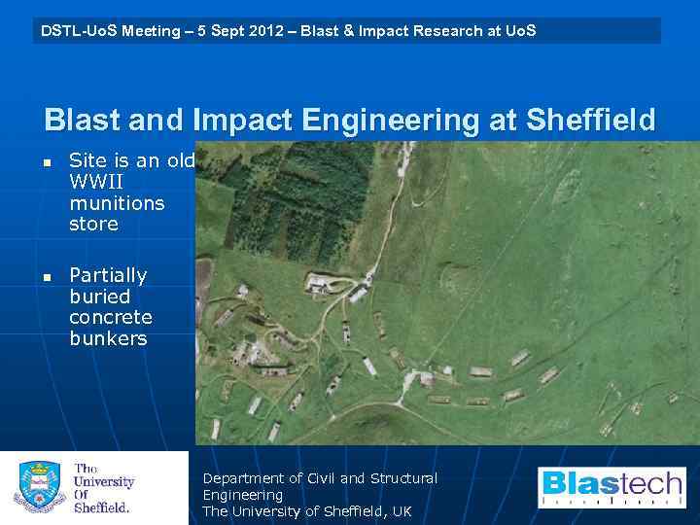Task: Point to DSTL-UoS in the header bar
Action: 77,31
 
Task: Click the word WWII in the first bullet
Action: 95,182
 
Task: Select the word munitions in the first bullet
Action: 117,203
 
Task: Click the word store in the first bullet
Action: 93,225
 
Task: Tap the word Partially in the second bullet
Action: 108,275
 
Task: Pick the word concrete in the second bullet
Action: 111,318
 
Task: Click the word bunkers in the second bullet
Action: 108,339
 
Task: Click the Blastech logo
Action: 612,487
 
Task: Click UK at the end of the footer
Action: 402,511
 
